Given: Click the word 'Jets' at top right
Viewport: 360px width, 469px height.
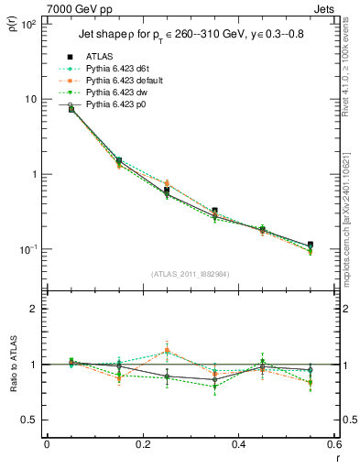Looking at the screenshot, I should [x=325, y=7].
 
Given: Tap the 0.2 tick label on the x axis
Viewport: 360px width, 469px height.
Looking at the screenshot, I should [x=142, y=445].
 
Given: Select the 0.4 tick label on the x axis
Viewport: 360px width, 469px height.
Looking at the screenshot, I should [x=238, y=445].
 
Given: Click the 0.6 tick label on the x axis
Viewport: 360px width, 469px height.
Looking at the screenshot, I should [x=333, y=445].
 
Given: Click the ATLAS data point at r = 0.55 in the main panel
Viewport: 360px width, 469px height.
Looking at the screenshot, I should [x=311, y=245].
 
